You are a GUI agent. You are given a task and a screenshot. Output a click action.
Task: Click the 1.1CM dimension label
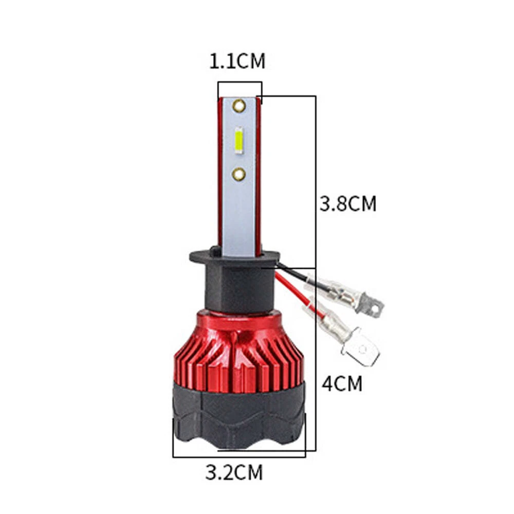(x=237, y=61)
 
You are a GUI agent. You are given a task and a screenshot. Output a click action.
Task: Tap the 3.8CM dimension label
(x=348, y=204)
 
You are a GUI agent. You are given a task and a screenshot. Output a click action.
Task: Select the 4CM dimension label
(x=342, y=383)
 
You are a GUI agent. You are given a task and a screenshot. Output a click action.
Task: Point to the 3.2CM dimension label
(x=234, y=472)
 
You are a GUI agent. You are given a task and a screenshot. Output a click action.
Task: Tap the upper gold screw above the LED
(x=239, y=105)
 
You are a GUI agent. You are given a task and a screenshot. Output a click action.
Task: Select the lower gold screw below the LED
(x=238, y=174)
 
